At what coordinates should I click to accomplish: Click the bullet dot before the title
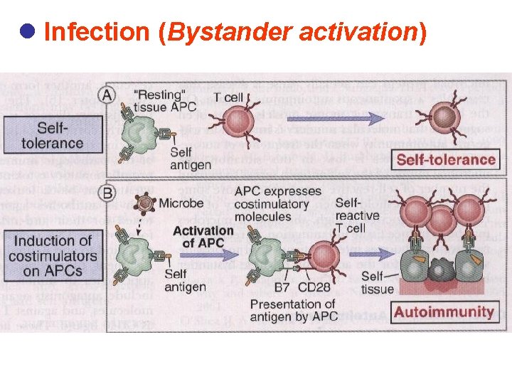coord(28,32)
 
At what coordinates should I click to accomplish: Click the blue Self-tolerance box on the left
coord(51,135)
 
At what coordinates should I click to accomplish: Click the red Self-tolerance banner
coord(446,159)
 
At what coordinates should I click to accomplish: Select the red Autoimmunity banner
coord(444,311)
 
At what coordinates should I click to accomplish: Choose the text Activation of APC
coord(203,237)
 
